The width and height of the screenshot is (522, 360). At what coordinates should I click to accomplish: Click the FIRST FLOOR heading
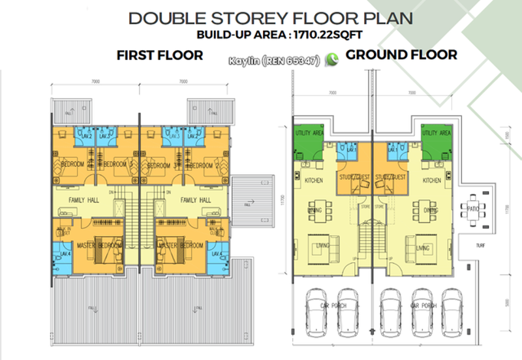coord(160,56)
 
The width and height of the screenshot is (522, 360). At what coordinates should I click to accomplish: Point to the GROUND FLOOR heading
coord(401,55)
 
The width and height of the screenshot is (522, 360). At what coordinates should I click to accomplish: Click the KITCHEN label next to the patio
coord(432,180)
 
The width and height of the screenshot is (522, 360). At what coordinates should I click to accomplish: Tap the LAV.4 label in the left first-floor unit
coord(65,254)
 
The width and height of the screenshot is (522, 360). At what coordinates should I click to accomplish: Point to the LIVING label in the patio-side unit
coord(422,248)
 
